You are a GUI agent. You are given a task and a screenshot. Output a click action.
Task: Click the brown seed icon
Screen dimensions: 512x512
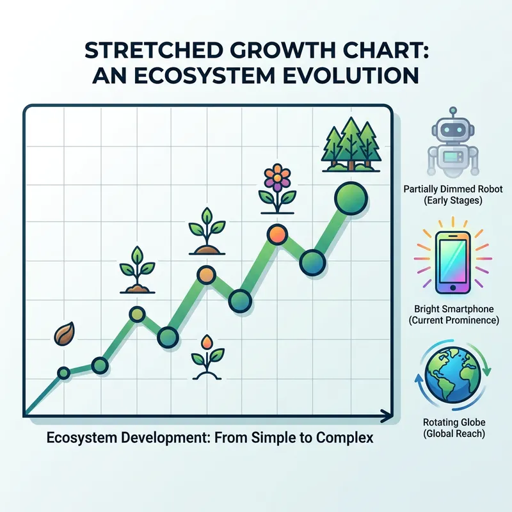(64, 335)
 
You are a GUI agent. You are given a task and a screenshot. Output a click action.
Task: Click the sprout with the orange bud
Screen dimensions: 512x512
(208, 356)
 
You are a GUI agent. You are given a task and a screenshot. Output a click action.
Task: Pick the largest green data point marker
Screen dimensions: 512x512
(349, 194)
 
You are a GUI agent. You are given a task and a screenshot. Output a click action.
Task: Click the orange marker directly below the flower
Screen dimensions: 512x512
(276, 234)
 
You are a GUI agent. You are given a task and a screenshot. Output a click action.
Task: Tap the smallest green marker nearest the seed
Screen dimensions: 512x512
(63, 372)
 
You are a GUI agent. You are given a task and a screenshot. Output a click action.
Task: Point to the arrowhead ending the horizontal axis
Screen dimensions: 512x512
(385, 416)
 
